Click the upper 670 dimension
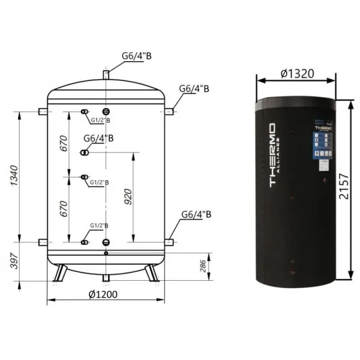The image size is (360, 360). point(64,145)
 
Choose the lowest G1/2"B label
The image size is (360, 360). point(98,225)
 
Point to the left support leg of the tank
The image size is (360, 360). point(59,273)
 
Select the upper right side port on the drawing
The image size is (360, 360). point(170,111)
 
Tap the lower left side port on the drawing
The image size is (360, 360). point(42,242)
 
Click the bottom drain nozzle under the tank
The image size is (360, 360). point(106,277)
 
